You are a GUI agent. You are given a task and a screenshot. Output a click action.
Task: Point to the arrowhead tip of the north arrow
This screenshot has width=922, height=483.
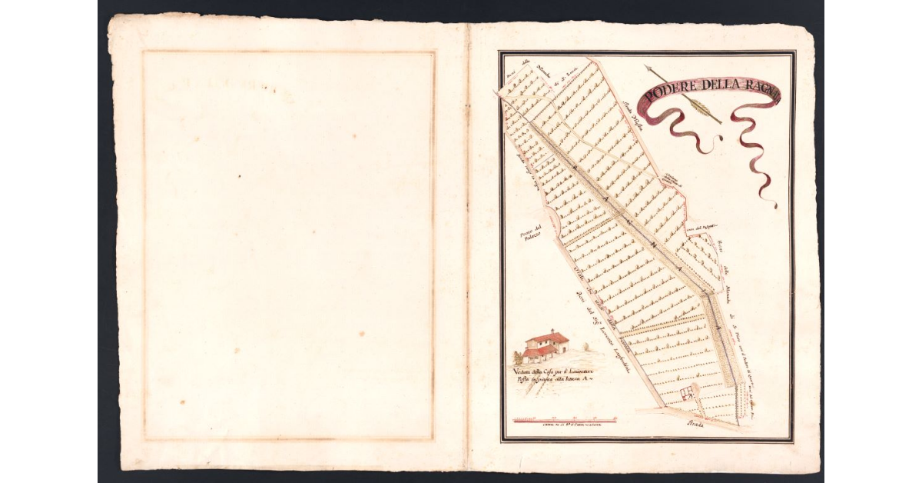coord(647,68)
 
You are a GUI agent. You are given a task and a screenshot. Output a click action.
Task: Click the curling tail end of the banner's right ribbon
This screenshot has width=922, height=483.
coord(773,204)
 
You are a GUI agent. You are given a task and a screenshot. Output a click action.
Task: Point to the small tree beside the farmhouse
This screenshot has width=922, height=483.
coord(518,358)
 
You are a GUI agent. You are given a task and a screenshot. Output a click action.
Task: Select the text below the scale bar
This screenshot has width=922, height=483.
coord(565,425)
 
